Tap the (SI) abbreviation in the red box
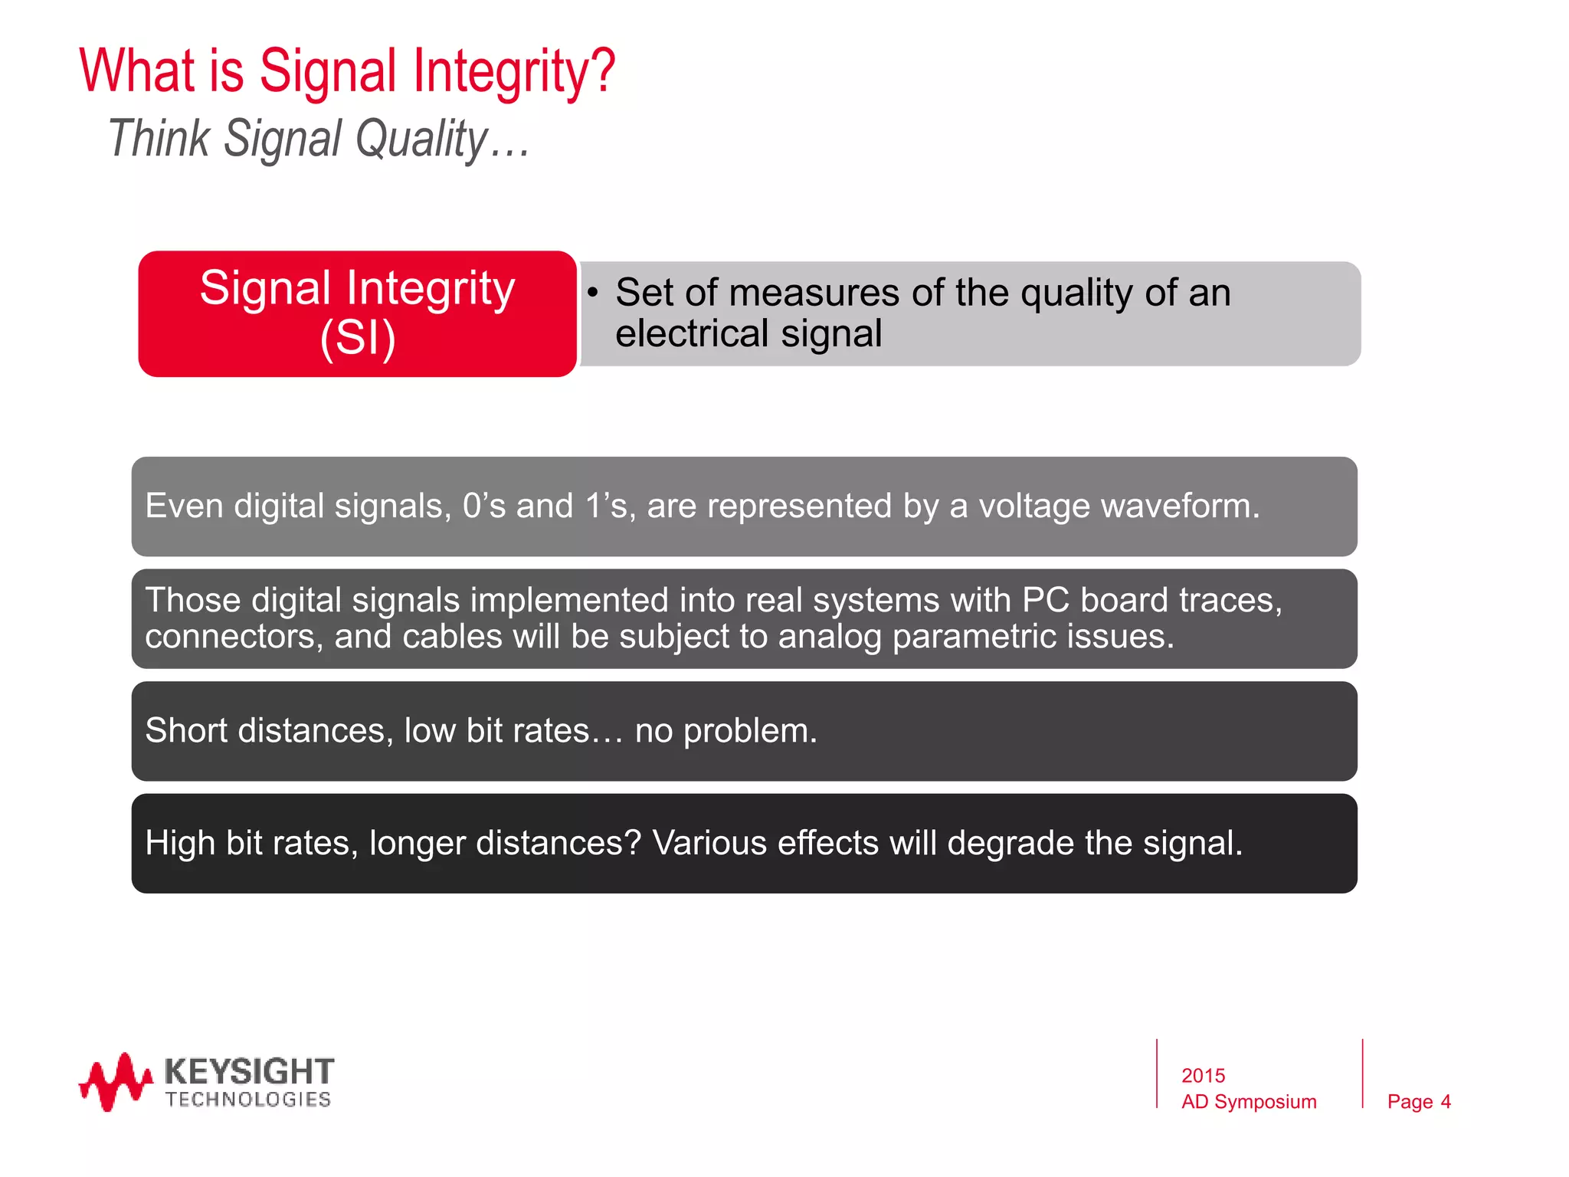coord(358,338)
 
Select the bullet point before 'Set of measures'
coord(592,292)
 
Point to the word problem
coord(749,731)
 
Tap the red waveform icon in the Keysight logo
coord(115,1081)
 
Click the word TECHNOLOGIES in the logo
coord(248,1100)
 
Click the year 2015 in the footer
coord(1203,1076)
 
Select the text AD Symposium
coord(1249,1102)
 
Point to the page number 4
coord(1445,1102)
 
